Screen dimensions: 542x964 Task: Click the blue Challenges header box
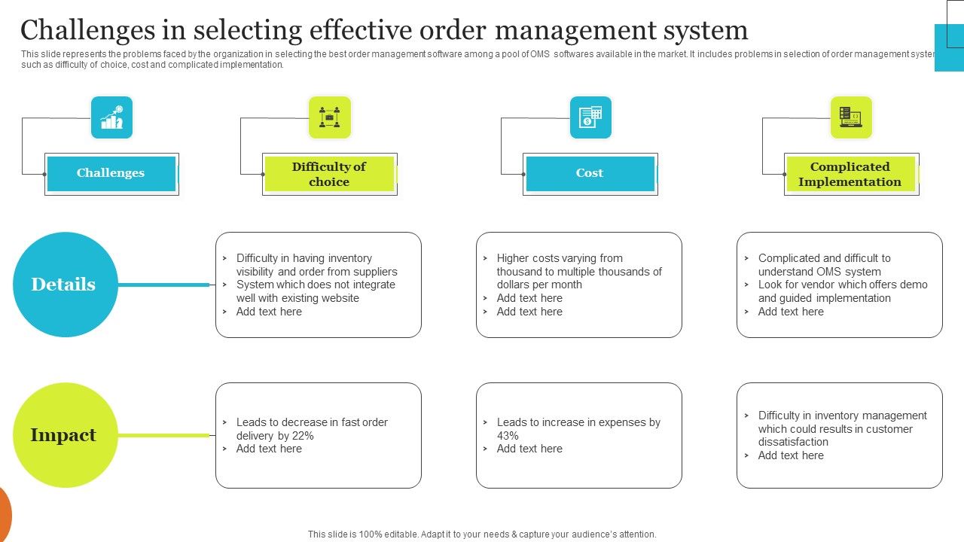(111, 173)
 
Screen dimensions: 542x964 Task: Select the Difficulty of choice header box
(329, 174)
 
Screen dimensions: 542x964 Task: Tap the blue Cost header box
(590, 173)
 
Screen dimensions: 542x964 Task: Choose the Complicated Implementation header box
(850, 174)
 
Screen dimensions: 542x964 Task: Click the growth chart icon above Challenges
(111, 117)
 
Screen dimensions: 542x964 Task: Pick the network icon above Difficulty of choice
(330, 117)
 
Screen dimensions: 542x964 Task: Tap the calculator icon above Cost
(590, 117)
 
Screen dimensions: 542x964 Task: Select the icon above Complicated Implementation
(851, 117)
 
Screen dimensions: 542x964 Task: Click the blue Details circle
(65, 285)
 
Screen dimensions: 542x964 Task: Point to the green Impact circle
(65, 435)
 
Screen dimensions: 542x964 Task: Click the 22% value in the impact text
(303, 436)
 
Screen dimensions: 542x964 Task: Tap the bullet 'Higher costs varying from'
(559, 258)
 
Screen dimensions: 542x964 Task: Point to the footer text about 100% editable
(482, 534)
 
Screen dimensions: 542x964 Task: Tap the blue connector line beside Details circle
(163, 285)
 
